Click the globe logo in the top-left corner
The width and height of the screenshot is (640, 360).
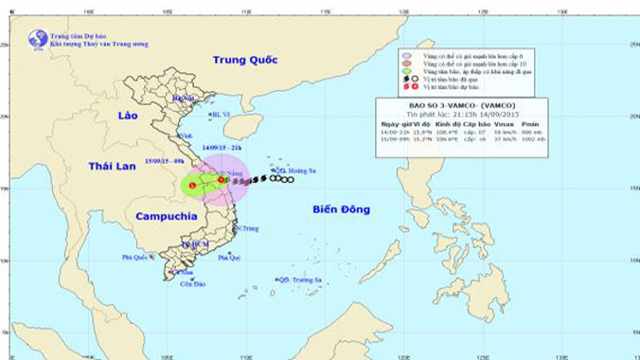[x=38, y=40]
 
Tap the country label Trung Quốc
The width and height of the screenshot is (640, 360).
[x=244, y=60]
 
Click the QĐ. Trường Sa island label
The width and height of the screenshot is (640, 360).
[x=300, y=279]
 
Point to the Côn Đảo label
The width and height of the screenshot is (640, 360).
[x=192, y=284]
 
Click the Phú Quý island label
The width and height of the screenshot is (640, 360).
[x=229, y=257]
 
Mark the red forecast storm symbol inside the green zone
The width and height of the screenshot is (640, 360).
[x=193, y=186]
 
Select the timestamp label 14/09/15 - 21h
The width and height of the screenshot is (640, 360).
[x=222, y=148]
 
